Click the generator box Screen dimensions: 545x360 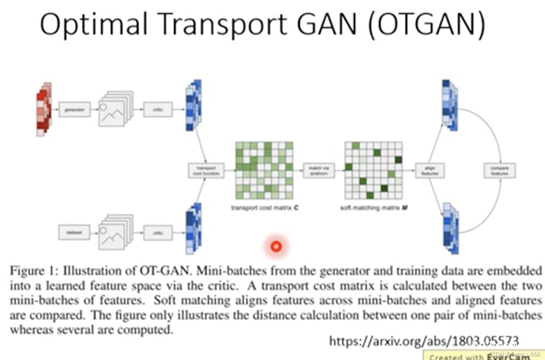click(74, 110)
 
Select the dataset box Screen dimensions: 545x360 click(74, 233)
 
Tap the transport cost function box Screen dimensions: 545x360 click(206, 171)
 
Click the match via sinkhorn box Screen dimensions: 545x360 click(319, 171)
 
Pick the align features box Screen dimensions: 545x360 click(430, 171)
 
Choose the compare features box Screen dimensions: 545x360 click(499, 171)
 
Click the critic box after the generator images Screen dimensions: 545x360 click(158, 110)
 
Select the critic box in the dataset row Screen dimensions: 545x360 click(158, 233)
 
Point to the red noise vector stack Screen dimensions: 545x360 click(44, 109)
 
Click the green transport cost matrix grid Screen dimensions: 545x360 click(264, 170)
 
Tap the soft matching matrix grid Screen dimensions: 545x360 click(373, 170)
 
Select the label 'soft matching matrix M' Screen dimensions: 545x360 click(374, 208)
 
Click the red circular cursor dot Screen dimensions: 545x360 click(276, 247)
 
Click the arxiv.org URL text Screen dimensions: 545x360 click(424, 341)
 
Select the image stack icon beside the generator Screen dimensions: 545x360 click(116, 109)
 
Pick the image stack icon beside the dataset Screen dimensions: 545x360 click(116, 232)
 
